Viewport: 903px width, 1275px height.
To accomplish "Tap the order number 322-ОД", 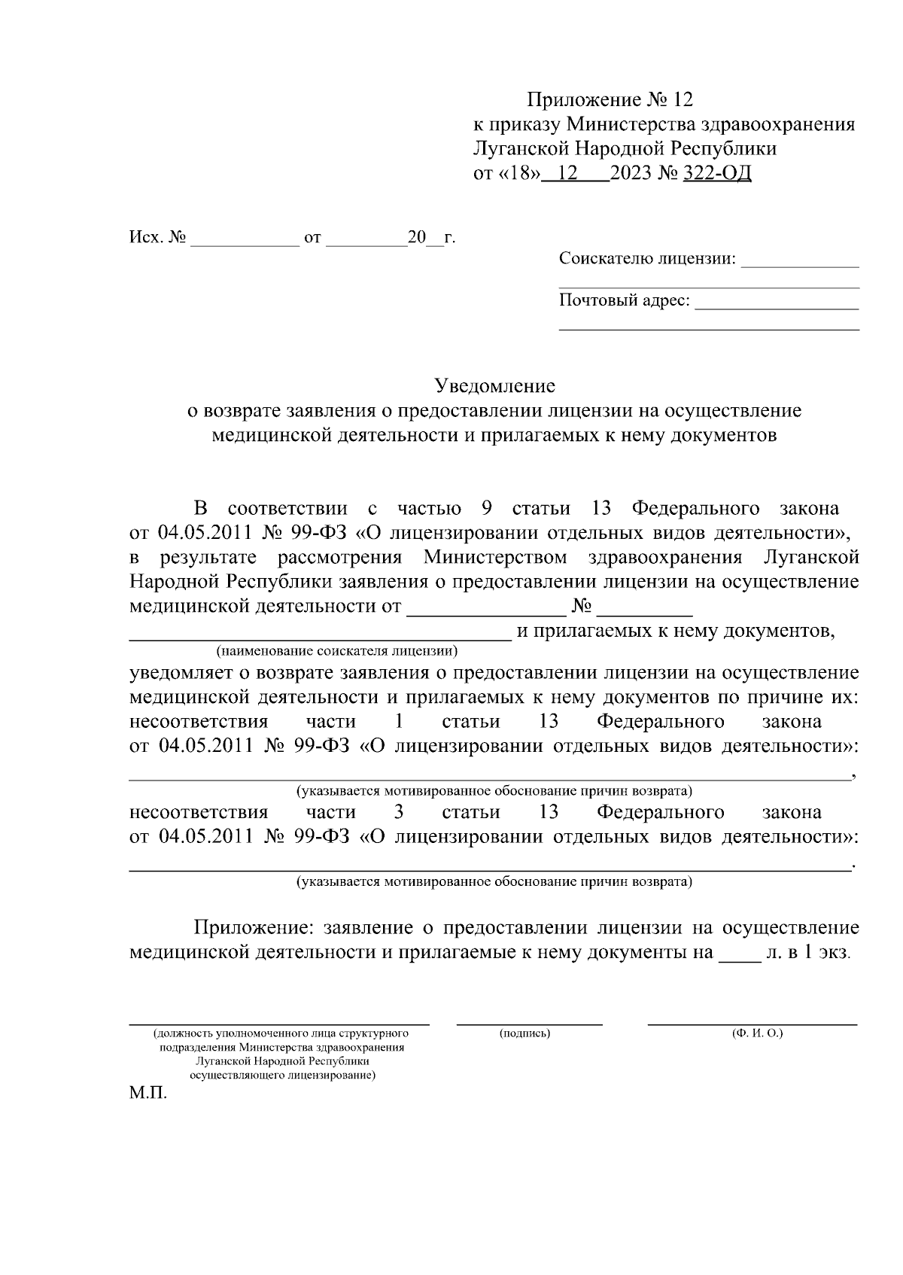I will click(x=716, y=173).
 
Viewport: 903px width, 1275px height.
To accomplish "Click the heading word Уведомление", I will click(x=495, y=386).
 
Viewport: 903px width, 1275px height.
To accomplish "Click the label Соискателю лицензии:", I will click(x=647, y=259).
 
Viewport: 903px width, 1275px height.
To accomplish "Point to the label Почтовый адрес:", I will click(x=624, y=300).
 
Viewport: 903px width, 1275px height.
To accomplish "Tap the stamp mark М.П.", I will click(x=147, y=1092).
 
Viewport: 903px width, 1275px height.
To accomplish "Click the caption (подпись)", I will click(x=525, y=1033).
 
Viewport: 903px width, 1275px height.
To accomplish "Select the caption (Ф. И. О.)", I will click(x=757, y=1033).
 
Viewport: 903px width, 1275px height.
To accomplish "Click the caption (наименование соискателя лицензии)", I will click(x=336, y=650).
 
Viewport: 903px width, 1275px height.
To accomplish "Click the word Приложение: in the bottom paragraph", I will click(x=248, y=927).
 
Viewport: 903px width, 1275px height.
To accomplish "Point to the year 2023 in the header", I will click(x=631, y=173).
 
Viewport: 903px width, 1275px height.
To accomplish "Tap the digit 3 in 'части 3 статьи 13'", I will click(x=399, y=811).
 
